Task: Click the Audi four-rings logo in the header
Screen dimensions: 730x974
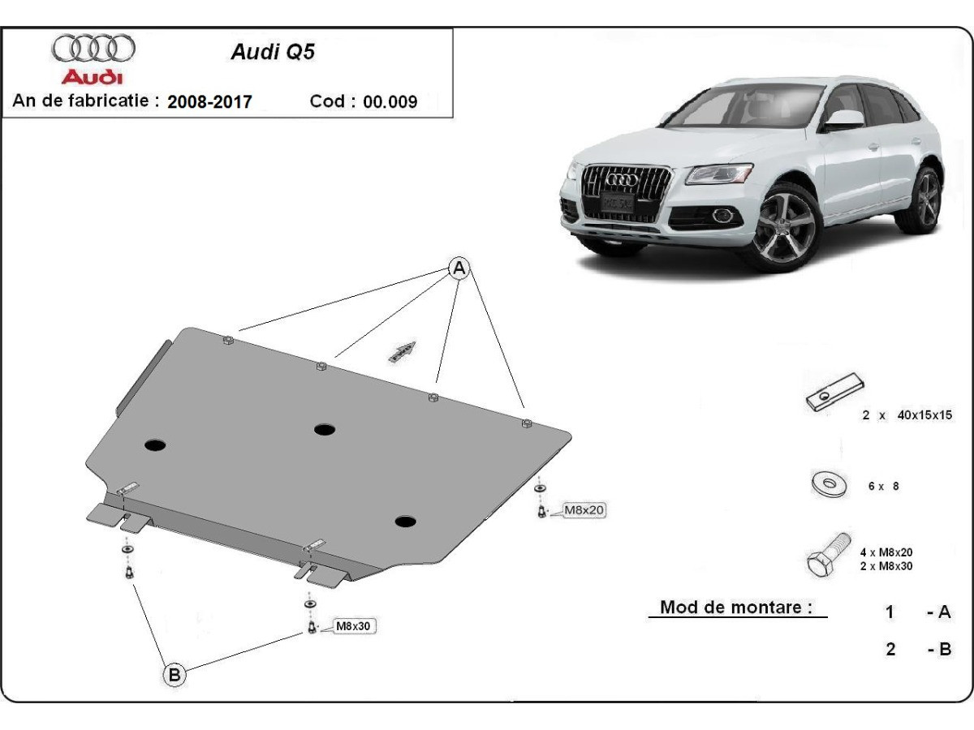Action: tap(93, 49)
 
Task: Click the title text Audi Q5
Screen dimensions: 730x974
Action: tap(261, 52)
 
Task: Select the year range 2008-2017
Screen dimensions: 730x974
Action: tap(209, 102)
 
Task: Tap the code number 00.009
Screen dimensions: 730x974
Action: tap(390, 102)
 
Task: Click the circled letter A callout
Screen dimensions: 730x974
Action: tap(459, 268)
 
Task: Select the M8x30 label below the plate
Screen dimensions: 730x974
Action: tap(356, 626)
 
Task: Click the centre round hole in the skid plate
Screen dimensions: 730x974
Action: tap(325, 429)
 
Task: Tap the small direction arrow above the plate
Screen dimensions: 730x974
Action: tap(402, 351)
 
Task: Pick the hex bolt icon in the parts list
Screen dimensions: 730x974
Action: tap(829, 555)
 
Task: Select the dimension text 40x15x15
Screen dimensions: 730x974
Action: tap(924, 415)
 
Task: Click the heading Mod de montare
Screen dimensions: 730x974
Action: tap(736, 608)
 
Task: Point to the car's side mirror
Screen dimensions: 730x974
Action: tap(845, 119)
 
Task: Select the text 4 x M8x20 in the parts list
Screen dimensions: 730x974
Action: tap(886, 552)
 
